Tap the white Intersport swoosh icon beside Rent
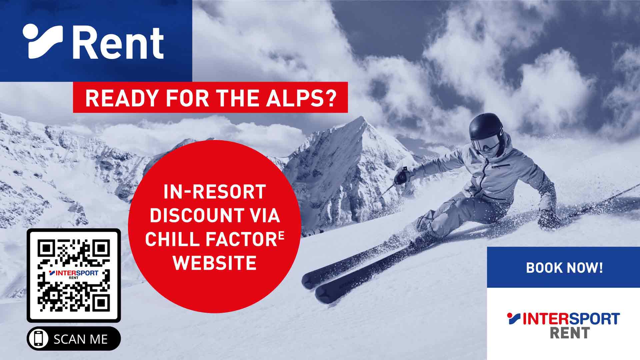pyautogui.click(x=43, y=41)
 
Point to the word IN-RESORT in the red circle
pyautogui.click(x=215, y=192)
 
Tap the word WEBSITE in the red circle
pyautogui.click(x=215, y=263)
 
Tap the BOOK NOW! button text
pyautogui.click(x=564, y=268)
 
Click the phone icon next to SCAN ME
pyautogui.click(x=39, y=339)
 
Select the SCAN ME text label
pyautogui.click(x=81, y=339)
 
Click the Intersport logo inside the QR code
pyautogui.click(x=74, y=274)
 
